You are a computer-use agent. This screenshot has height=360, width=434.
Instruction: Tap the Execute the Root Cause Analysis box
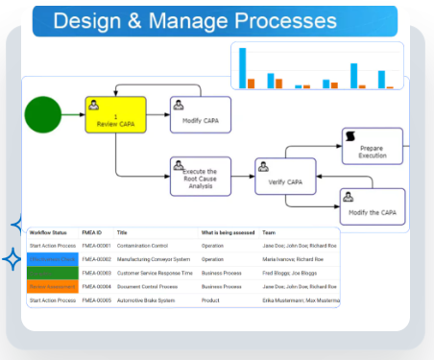pyautogui.click(x=201, y=175)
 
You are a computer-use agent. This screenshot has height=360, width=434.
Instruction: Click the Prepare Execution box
pyautogui.click(x=373, y=147)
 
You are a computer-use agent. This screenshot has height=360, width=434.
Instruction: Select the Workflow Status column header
pyautogui.click(x=48, y=232)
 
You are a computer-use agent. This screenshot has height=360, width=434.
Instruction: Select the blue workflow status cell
pyautogui.click(x=51, y=259)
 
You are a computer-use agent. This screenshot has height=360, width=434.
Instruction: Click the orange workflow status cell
pyautogui.click(x=51, y=286)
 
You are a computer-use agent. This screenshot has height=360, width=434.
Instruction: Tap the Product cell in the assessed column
pyautogui.click(x=212, y=300)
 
